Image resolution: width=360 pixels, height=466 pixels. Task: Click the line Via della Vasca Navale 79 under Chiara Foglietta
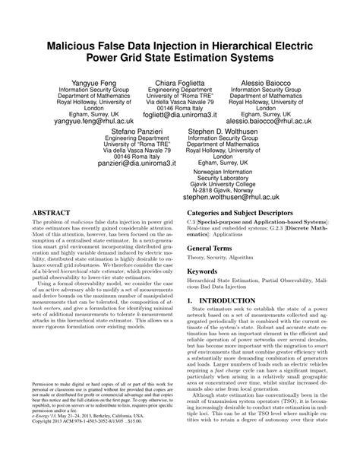tap(179, 103)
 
